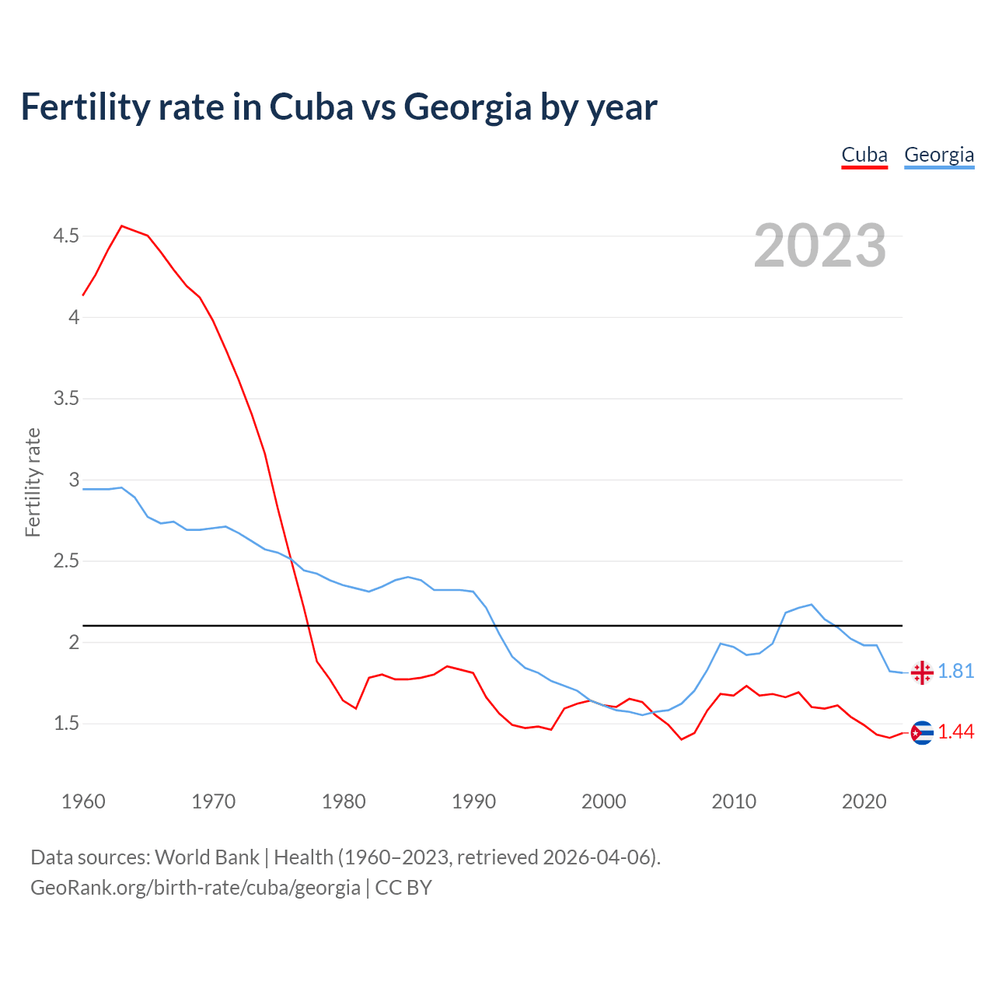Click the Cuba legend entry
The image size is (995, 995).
coord(864,155)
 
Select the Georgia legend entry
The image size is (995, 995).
coord(939,155)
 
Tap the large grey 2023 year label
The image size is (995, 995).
coord(820,246)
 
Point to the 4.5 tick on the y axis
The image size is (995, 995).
coord(66,236)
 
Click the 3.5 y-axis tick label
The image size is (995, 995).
coord(66,399)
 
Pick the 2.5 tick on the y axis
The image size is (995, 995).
coord(66,561)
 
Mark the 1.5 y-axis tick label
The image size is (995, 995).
coord(66,724)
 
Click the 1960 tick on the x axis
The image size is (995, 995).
coord(83,801)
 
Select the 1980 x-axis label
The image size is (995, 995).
coord(344,801)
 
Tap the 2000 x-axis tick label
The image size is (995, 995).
coord(603,801)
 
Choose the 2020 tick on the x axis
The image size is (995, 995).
coord(864,801)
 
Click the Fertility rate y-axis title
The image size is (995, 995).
coord(33,482)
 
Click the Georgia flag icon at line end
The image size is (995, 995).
coord(922,672)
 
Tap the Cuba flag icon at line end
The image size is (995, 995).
coord(922,732)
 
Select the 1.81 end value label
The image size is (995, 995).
coord(956,672)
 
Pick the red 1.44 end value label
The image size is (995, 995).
coord(956,732)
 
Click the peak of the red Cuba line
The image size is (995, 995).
coord(122,226)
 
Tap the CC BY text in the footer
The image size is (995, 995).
coord(403,888)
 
